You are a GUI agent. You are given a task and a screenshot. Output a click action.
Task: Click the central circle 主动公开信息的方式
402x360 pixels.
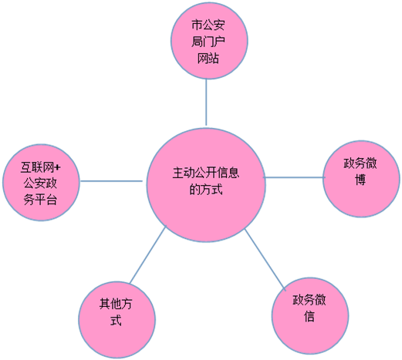[x=206, y=185]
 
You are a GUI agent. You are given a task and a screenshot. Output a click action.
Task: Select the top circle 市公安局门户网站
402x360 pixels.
[x=209, y=41]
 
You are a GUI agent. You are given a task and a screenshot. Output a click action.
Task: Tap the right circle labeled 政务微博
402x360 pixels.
[x=361, y=179]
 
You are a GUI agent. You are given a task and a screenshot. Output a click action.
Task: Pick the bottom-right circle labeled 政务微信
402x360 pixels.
[x=310, y=316]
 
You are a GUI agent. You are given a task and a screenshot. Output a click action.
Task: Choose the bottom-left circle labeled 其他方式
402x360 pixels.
[x=117, y=319]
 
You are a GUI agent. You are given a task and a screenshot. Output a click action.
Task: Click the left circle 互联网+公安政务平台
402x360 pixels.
[x=41, y=182]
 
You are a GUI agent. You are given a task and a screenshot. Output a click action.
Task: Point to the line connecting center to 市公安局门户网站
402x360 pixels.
[x=206, y=102]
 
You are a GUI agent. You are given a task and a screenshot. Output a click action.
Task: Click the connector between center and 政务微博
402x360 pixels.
[x=294, y=177]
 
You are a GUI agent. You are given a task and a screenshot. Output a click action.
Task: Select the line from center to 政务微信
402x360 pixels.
[x=265, y=259]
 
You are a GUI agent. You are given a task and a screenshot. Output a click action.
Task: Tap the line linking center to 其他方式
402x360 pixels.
[x=148, y=254]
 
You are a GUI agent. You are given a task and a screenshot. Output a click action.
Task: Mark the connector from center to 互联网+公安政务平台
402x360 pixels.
[x=111, y=181]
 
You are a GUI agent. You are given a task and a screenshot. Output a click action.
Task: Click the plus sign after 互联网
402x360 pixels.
[x=58, y=168]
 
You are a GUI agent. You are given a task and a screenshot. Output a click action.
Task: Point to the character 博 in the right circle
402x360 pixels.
[x=360, y=180]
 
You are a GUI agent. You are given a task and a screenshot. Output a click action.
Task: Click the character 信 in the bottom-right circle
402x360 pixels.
[x=309, y=316]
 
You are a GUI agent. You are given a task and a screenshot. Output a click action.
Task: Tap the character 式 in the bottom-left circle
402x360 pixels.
[x=116, y=320]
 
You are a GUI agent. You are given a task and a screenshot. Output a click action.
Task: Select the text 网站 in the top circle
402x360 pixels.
[x=208, y=58]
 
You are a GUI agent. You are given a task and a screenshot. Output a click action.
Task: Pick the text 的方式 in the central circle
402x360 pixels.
[x=206, y=190]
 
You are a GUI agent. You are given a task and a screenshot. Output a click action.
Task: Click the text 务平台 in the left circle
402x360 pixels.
[x=40, y=200]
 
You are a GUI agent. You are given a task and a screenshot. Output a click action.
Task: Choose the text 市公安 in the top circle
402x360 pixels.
[x=208, y=25]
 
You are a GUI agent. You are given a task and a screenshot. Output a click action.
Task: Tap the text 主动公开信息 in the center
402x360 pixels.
[x=206, y=173]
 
